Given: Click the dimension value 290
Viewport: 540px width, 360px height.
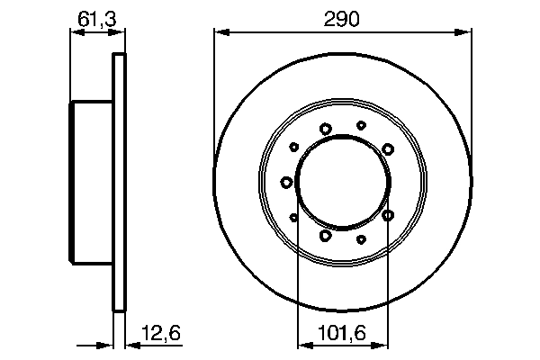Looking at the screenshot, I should point(342,19).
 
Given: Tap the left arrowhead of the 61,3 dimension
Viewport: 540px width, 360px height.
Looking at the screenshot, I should point(76,33).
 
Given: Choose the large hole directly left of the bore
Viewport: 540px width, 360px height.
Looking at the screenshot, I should point(286,183).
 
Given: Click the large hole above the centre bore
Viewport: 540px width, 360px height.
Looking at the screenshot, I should point(325,129).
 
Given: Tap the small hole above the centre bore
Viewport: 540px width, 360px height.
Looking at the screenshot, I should point(361,125).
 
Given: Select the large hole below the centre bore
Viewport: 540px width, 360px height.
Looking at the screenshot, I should point(325,236).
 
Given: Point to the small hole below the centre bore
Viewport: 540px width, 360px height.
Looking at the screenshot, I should point(361,239).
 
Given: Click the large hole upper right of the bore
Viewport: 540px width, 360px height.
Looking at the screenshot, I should point(388,148).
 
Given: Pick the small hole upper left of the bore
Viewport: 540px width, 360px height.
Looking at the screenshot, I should point(293,148).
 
